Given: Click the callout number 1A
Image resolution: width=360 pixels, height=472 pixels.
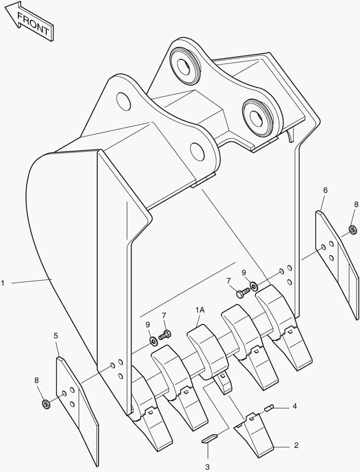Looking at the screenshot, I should [200, 310].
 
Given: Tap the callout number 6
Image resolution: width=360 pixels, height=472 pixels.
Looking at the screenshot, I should [325, 190].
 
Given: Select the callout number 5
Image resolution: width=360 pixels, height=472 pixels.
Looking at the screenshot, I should [55, 336].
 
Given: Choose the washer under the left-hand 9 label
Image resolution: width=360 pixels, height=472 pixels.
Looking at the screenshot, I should [153, 340].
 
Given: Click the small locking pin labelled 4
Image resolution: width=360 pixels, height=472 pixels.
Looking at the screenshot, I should [269, 408].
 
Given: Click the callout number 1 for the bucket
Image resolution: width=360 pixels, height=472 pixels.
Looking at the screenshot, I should [3, 283].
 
